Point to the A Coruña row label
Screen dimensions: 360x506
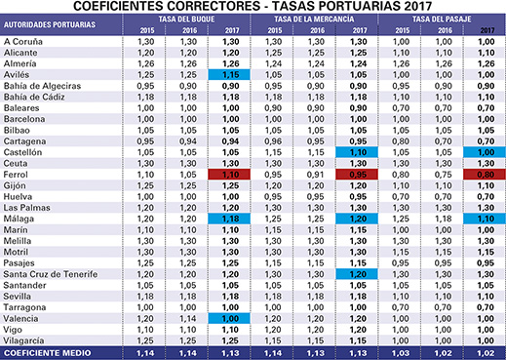coord(22,41)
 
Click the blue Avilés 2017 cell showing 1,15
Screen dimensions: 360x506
coord(230,73)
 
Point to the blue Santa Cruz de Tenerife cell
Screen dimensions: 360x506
coord(357,275)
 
